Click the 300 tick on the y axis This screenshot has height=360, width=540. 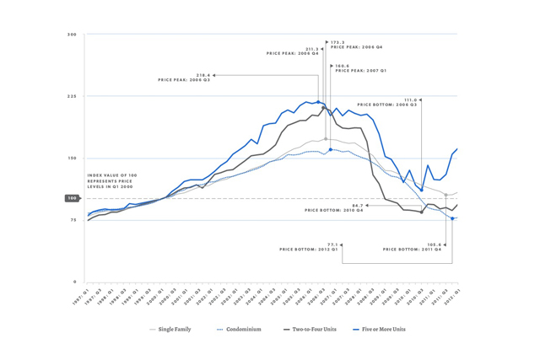click(x=72, y=35)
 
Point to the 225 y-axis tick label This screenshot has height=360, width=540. click(x=72, y=96)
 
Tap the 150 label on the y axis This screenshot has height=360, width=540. click(x=72, y=159)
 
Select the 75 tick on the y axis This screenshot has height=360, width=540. click(x=73, y=220)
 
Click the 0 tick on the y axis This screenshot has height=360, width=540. click(x=74, y=282)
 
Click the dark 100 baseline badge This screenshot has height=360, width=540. click(x=72, y=198)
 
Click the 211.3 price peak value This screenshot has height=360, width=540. click(x=311, y=49)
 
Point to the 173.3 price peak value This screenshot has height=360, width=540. click(x=337, y=42)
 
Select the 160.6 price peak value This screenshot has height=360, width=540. click(x=342, y=66)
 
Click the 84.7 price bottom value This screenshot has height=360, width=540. click(x=358, y=205)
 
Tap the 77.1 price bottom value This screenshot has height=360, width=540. click(x=332, y=244)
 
